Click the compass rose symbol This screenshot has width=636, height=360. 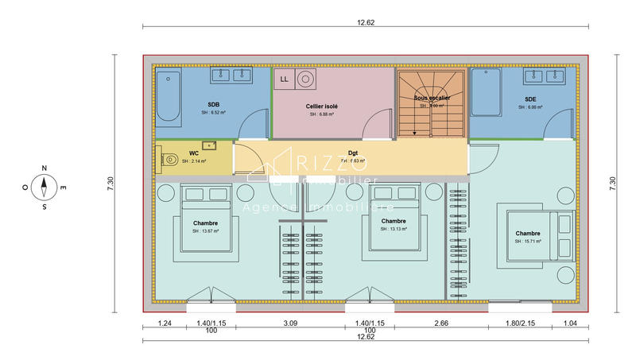[x=45, y=188]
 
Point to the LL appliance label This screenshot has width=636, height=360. [x=284, y=79]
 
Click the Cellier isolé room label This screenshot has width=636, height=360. [x=321, y=106]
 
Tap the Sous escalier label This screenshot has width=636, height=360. [x=431, y=98]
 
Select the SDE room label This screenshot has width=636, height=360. [x=530, y=99]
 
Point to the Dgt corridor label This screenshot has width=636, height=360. [x=352, y=153]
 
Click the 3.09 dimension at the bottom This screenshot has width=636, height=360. [x=290, y=323]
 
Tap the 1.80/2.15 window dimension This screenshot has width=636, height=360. [x=520, y=323]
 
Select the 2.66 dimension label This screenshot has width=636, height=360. [x=441, y=323]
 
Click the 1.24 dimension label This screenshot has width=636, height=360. [x=165, y=323]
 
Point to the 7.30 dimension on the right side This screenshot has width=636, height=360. [x=612, y=182]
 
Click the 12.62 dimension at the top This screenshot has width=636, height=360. [x=365, y=22]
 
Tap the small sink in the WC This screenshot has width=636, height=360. [x=210, y=146]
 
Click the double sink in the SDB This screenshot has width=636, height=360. [x=231, y=75]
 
